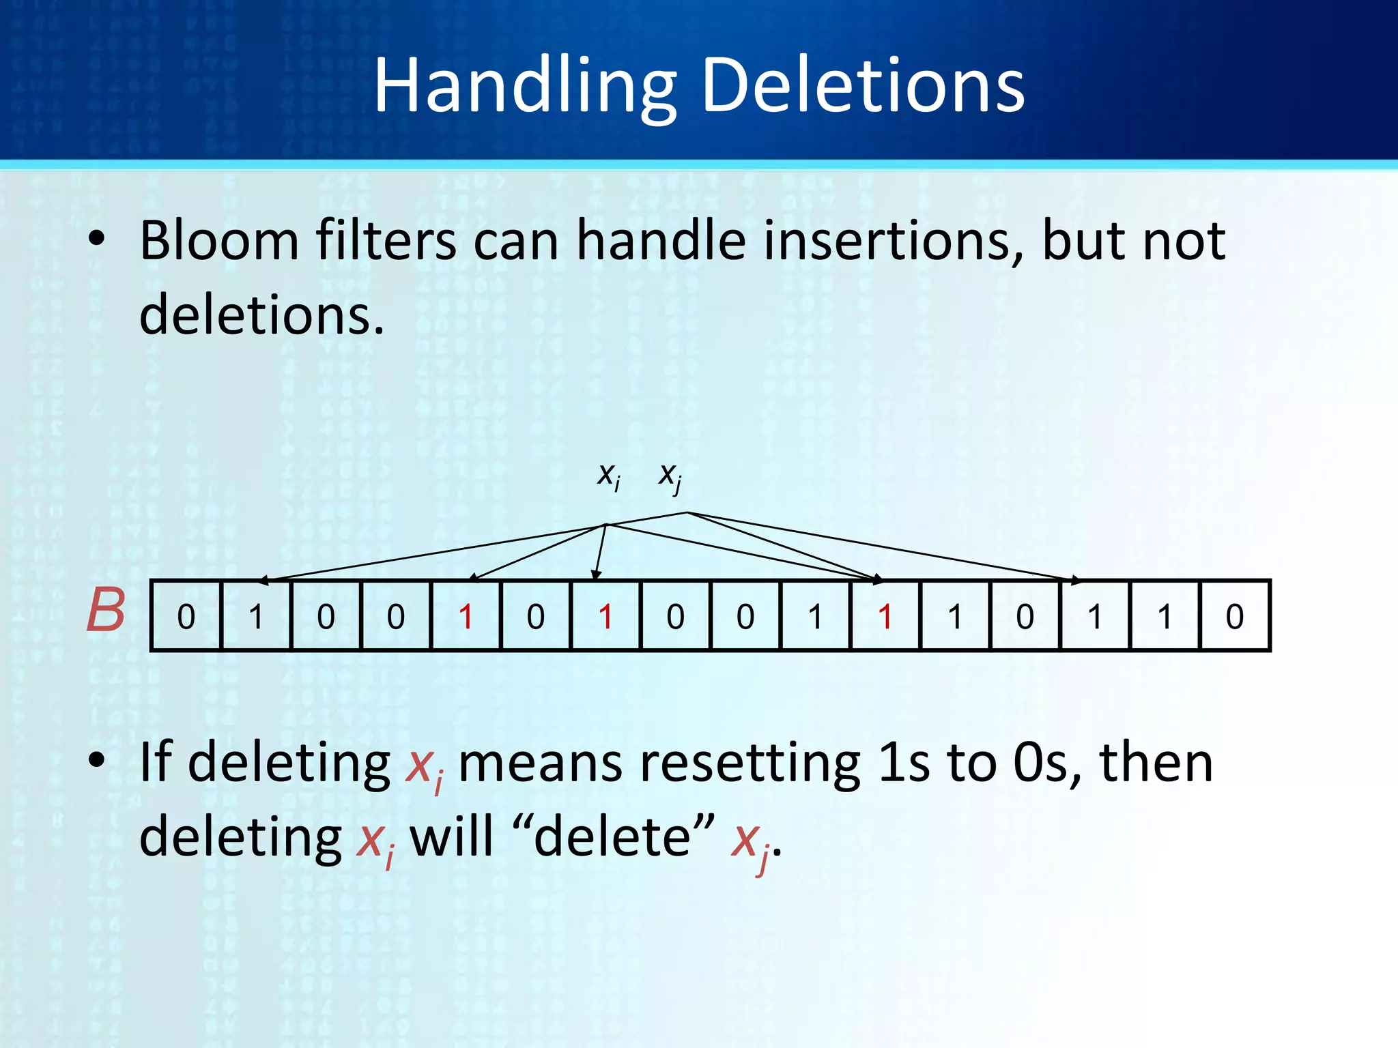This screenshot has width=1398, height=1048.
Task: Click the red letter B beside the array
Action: (106, 611)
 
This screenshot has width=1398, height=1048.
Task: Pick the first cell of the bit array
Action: (186, 616)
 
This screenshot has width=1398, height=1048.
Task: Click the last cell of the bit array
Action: (1234, 616)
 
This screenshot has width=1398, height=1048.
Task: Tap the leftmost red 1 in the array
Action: (466, 616)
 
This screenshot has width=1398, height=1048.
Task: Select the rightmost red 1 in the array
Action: (885, 616)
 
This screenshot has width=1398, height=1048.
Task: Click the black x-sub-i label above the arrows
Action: (608, 475)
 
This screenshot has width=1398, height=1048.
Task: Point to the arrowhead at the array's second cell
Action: (263, 581)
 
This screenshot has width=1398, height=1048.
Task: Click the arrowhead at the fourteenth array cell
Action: (1076, 581)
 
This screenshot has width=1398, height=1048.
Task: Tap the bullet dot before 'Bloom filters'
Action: (97, 239)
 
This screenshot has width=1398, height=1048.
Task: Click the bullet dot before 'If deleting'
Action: (97, 759)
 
